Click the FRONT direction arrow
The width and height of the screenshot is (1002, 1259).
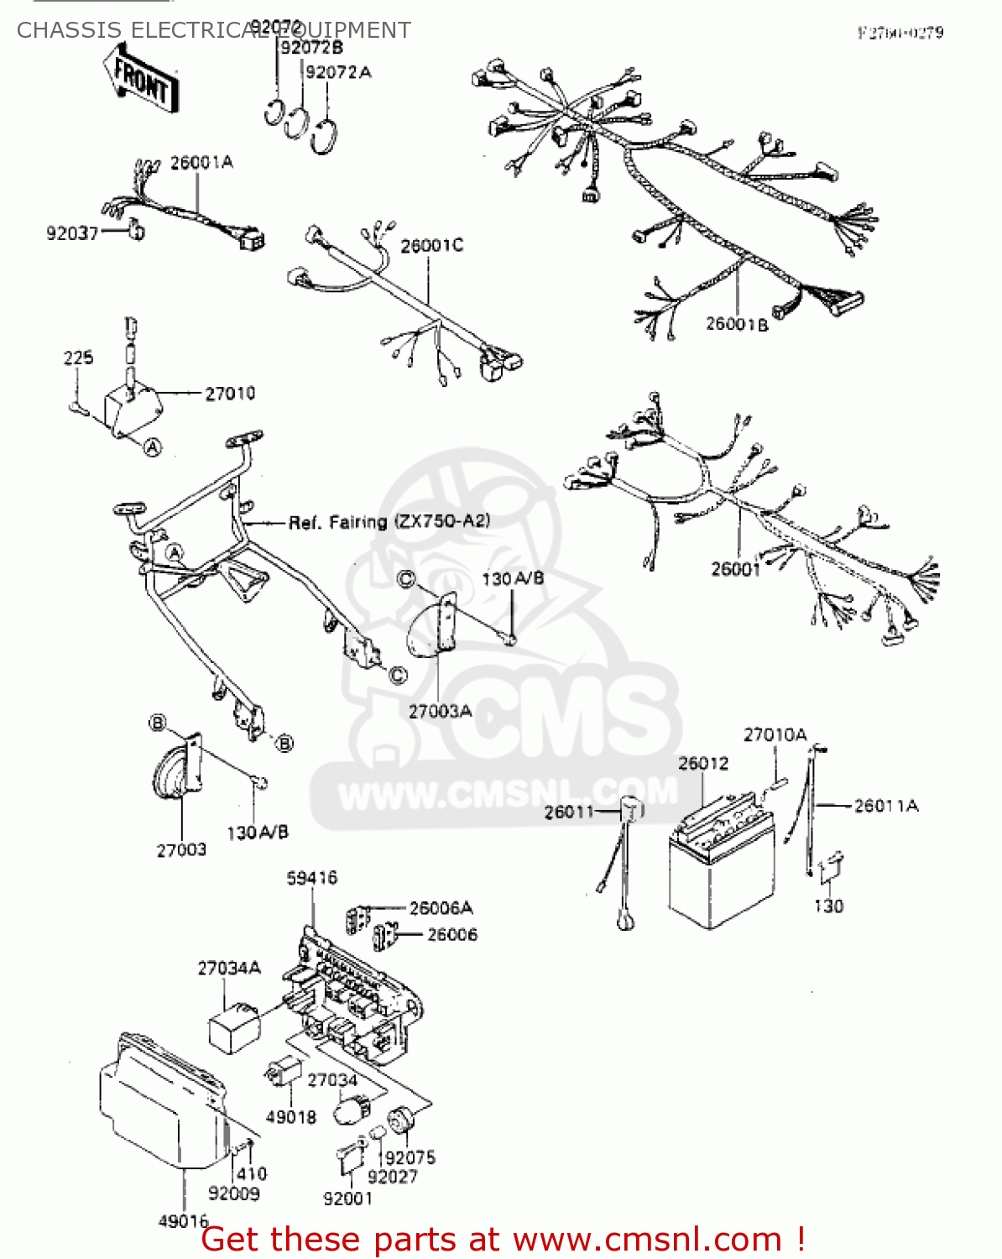(139, 78)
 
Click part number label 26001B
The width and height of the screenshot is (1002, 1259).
(737, 324)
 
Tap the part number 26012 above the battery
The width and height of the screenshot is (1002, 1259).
(703, 763)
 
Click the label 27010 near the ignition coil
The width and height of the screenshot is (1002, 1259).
(230, 393)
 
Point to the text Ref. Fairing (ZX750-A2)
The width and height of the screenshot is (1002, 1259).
(389, 522)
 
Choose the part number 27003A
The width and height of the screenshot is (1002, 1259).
(440, 711)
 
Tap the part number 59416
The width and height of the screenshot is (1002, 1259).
(312, 878)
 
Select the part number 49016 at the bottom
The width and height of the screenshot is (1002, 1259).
(183, 1221)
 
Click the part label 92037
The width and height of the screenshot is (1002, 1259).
(72, 233)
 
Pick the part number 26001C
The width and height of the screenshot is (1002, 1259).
(431, 246)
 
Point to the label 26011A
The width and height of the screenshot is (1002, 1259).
(886, 806)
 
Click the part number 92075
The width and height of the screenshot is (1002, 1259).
(410, 1157)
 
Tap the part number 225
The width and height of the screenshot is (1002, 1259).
(78, 358)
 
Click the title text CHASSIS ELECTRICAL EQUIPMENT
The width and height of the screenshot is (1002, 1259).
(214, 30)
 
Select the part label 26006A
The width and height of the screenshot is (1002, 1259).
(441, 908)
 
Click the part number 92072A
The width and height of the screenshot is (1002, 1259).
(338, 72)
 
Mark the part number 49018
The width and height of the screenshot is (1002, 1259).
(291, 1117)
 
